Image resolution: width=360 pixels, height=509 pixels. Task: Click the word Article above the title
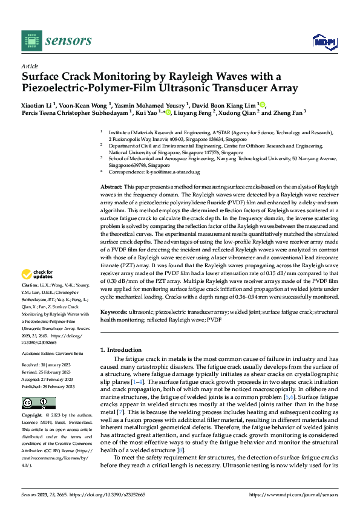pos(30,66)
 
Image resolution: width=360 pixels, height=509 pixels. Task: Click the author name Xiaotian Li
pos(39,105)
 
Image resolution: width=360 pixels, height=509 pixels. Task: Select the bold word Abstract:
pos(111,188)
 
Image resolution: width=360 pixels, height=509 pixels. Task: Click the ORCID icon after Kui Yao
pos(168,112)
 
